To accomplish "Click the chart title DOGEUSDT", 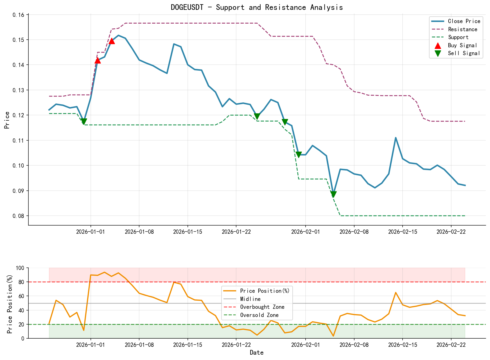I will click(x=257, y=7).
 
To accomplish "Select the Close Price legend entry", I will click(x=464, y=21).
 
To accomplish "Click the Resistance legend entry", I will click(x=462, y=29).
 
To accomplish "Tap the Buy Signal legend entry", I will click(x=462, y=45).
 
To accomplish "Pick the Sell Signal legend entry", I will click(x=464, y=53).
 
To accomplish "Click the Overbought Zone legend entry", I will click(x=262, y=307).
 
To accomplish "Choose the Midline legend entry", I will click(x=250, y=299).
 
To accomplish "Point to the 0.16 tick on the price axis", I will click(x=19, y=15).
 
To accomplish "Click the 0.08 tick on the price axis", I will click(x=19, y=216).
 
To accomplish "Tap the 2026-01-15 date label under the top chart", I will click(x=188, y=232).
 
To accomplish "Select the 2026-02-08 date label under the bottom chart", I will click(x=354, y=345).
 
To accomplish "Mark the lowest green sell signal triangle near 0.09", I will click(x=333, y=194).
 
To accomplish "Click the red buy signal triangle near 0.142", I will click(x=98, y=60).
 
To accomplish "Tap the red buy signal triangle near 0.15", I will click(x=112, y=41).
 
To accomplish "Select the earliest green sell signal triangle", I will click(x=84, y=121).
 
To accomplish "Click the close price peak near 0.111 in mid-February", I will click(x=396, y=138).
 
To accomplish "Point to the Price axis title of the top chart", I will click(x=7, y=120).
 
